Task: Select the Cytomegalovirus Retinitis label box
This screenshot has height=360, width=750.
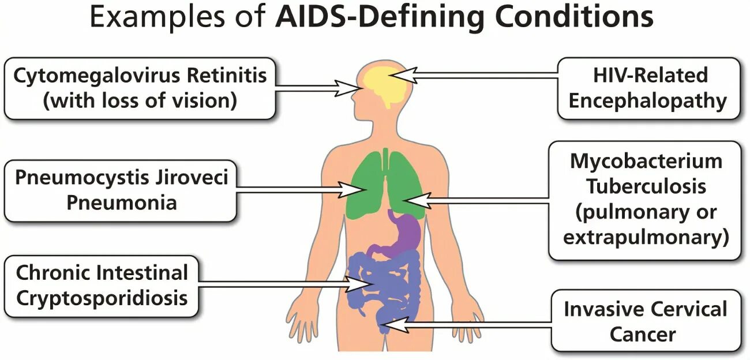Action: coord(140,88)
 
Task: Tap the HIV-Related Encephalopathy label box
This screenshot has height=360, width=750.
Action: coord(648,88)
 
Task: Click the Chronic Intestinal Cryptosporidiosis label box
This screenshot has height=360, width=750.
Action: coord(103,285)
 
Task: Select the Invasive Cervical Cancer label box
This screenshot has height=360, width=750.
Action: coord(645,320)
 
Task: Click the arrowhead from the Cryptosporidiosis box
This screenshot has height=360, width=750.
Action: coord(359,284)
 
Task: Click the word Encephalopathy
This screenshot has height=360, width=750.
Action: coord(647,101)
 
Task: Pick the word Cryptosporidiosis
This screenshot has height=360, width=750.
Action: coord(102,298)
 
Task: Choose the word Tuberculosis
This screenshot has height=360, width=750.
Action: coord(646,186)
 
